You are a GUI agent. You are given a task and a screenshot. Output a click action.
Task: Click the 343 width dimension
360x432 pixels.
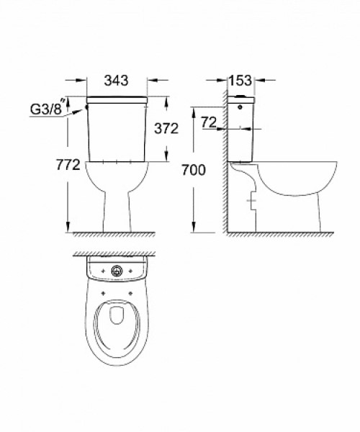[116, 81]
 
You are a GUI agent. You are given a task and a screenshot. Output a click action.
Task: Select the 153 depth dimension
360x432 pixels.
[240, 81]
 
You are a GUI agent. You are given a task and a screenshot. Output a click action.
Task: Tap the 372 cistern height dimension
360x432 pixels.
[166, 128]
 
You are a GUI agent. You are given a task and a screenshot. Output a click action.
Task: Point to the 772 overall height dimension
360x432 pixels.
[68, 165]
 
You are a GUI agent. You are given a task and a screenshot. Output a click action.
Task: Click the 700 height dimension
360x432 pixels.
[194, 170]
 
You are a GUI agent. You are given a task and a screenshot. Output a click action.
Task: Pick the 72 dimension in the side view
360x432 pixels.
[209, 122]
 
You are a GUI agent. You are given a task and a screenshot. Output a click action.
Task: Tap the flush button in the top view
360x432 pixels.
[117, 271]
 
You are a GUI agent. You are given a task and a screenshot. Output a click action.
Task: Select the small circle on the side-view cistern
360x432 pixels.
[240, 107]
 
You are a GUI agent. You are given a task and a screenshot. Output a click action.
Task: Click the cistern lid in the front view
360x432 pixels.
[117, 100]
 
